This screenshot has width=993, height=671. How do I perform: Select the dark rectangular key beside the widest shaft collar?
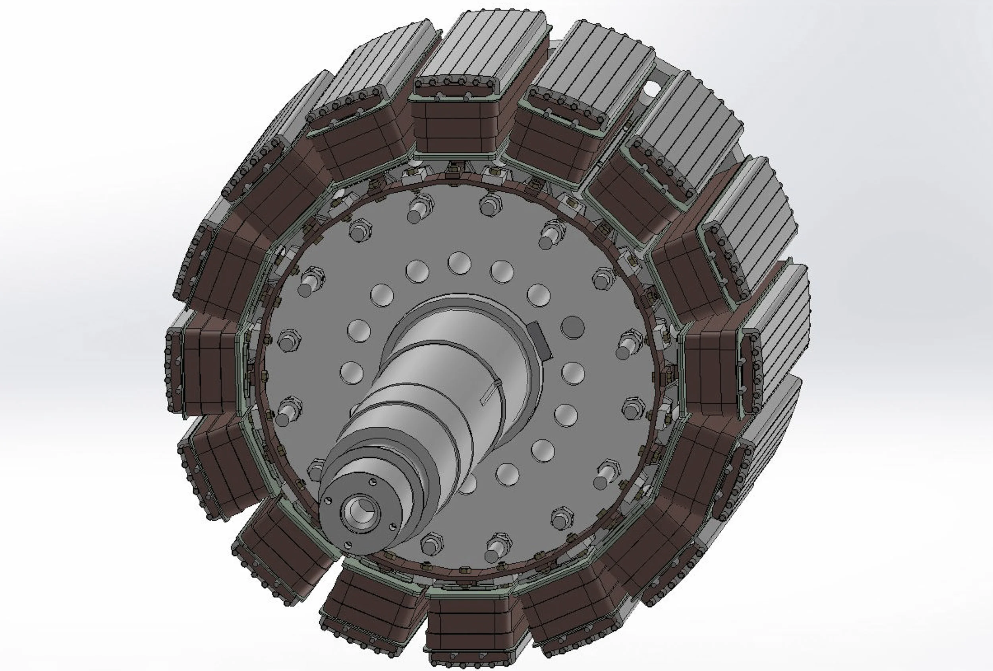[x=540, y=340]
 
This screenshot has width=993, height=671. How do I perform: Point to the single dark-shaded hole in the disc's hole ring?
[x=572, y=327]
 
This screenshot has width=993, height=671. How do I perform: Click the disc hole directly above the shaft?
[x=459, y=263]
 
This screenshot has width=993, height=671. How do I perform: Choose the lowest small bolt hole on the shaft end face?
[x=348, y=545]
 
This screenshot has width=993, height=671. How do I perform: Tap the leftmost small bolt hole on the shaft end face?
[x=328, y=501]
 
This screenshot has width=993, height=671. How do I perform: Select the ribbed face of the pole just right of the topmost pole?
[x=598, y=68]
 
